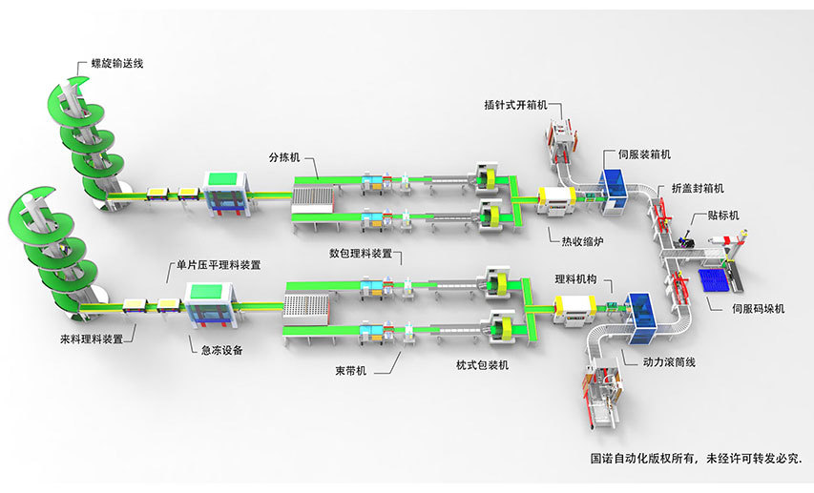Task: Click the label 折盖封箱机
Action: pyautogui.click(x=697, y=187)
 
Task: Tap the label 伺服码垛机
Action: pyautogui.click(x=758, y=308)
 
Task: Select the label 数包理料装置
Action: pyautogui.click(x=360, y=254)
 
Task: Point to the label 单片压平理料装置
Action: pyautogui.click(x=214, y=264)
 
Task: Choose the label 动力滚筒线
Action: pyautogui.click(x=671, y=363)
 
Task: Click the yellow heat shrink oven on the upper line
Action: pyautogui.click(x=556, y=198)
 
